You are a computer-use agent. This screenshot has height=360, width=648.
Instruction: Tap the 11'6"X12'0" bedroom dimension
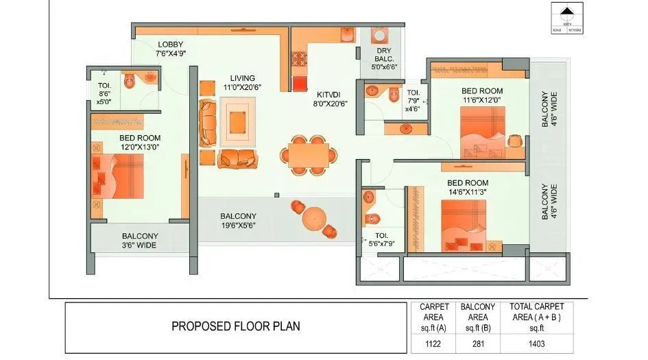[481, 101]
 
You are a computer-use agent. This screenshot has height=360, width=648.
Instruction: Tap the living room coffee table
[238, 121]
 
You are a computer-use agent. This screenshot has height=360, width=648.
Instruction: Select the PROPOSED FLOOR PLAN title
[235, 326]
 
